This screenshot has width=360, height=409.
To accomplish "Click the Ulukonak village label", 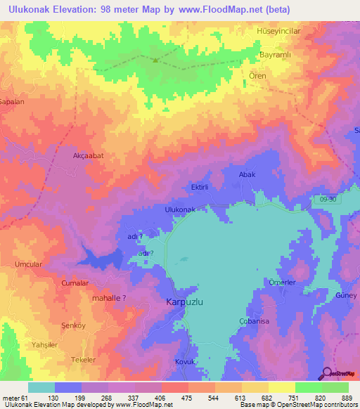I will tap(184, 209).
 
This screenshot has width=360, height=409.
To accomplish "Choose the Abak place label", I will tap(247, 174).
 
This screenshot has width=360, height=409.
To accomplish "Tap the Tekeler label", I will tap(83, 359).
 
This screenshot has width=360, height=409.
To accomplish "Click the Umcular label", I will tap(29, 264).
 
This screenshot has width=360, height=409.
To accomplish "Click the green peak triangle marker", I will tap(155, 60).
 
